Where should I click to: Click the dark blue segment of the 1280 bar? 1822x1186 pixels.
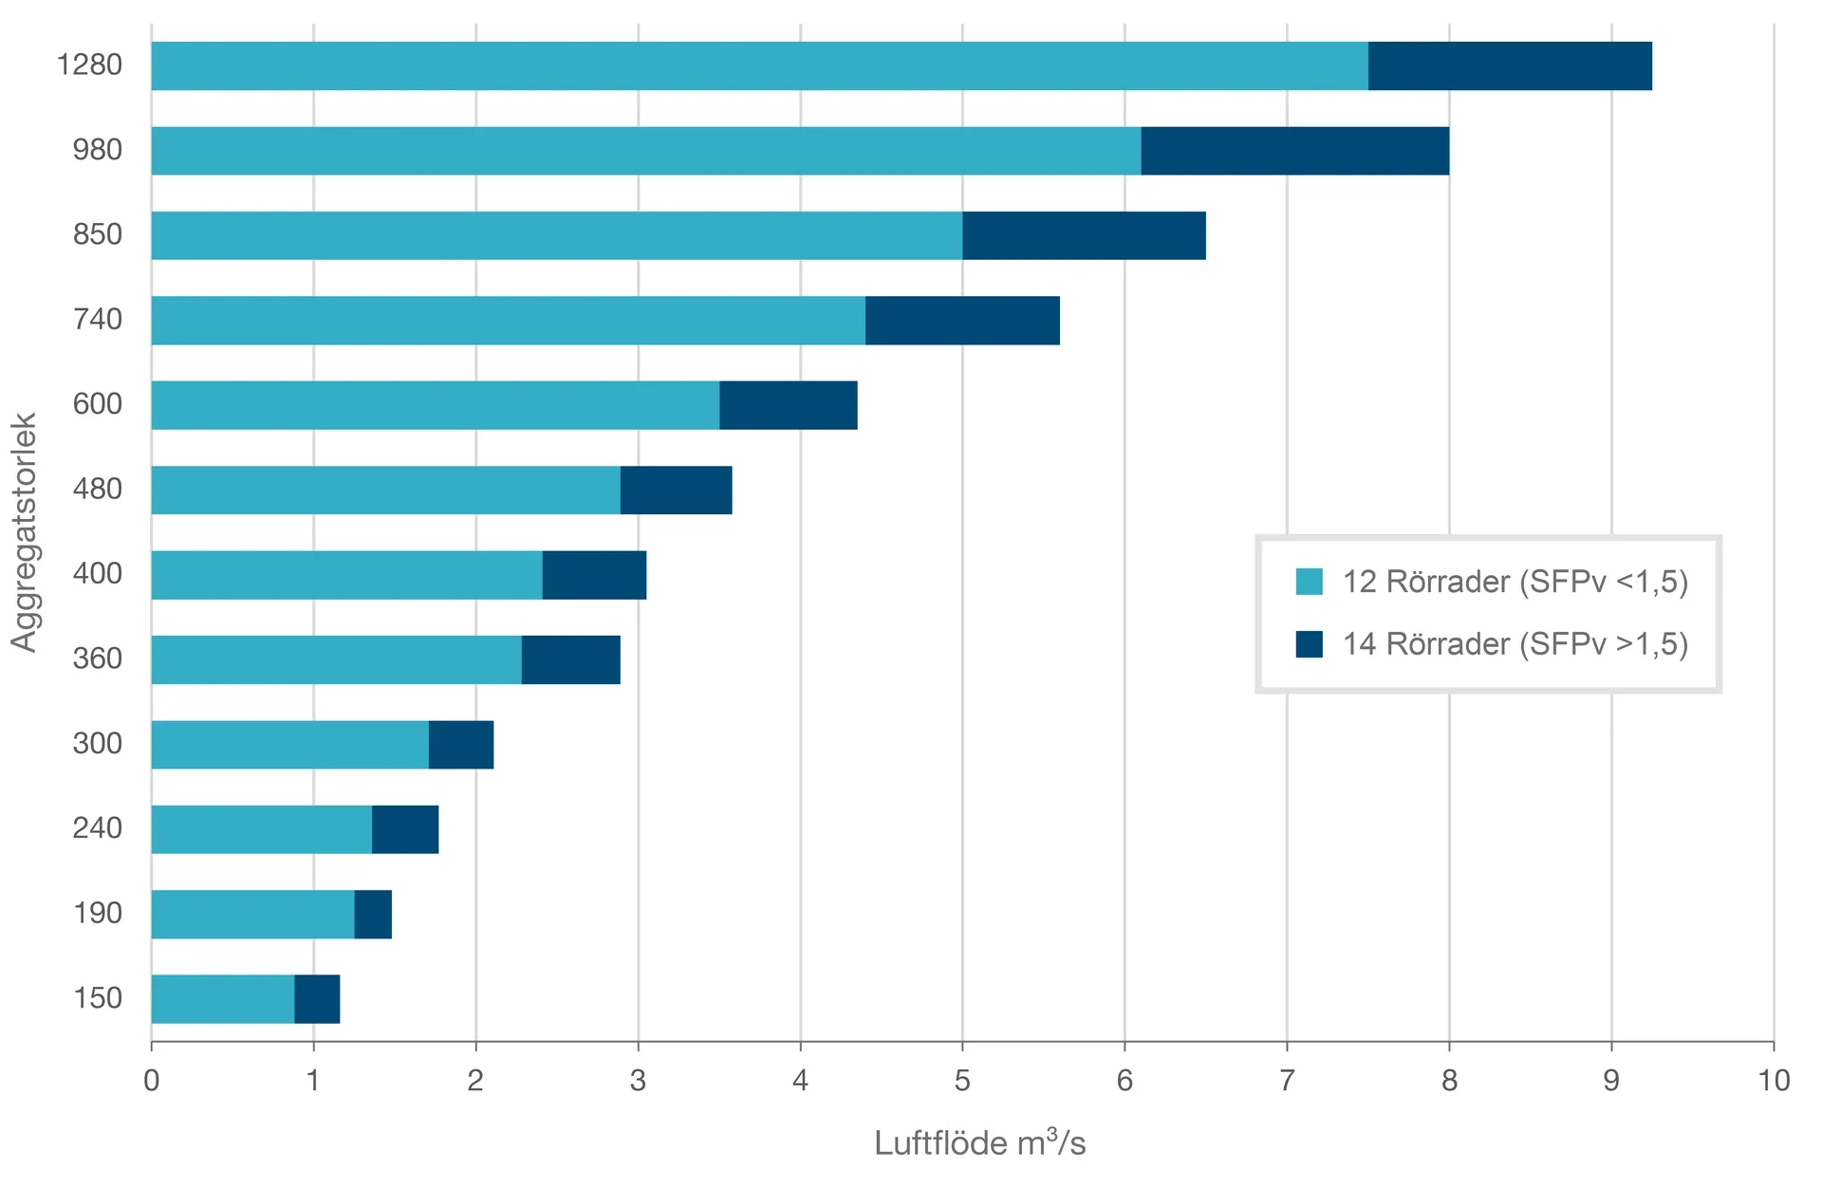pos(1509,65)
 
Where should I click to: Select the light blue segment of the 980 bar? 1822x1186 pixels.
pos(645,151)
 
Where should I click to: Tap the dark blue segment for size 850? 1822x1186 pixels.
pos(1084,235)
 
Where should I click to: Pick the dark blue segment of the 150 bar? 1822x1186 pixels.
pos(317,999)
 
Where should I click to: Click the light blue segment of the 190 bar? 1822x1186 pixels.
pos(252,915)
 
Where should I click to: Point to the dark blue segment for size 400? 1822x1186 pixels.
pos(594,575)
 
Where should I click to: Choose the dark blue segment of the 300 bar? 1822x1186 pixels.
pos(461,745)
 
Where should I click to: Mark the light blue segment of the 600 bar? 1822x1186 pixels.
pos(435,405)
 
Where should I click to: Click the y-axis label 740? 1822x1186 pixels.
pos(98,319)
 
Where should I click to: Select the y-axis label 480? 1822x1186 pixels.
pos(98,489)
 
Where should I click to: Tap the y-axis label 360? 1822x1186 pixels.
pos(98,658)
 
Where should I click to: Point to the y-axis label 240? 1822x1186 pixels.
pos(98,828)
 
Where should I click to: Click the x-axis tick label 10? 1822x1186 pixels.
pos(1773,1081)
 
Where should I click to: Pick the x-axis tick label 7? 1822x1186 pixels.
pos(1287,1081)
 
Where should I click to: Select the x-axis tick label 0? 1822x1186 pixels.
pos(152,1081)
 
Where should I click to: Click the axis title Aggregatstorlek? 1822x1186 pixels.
pos(24,532)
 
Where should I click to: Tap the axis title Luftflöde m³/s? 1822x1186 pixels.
pos(979,1143)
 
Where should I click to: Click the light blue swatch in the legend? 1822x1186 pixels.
pos(1309,582)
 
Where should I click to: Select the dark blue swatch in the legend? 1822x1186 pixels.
pos(1309,644)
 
